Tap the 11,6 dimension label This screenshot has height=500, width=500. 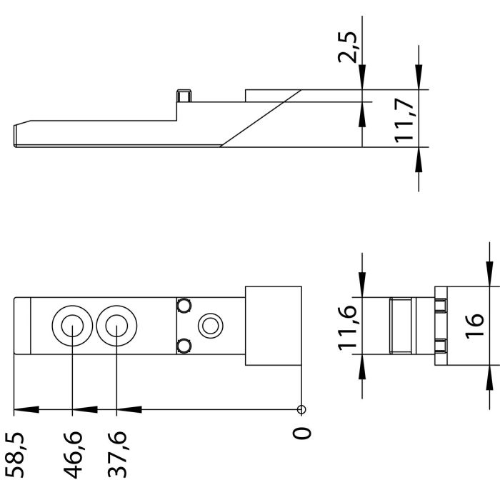point(348,326)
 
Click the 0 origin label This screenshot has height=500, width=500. point(303,434)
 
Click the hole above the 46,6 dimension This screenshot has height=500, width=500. point(71,326)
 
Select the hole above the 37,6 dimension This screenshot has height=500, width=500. point(116,326)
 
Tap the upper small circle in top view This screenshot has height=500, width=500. point(184,306)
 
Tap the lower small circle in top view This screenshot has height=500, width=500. point(184,346)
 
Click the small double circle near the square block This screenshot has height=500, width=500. point(210,326)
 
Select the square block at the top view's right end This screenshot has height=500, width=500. point(274,326)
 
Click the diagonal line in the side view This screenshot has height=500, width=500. point(261,118)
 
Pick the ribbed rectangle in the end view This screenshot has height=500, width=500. point(402,326)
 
